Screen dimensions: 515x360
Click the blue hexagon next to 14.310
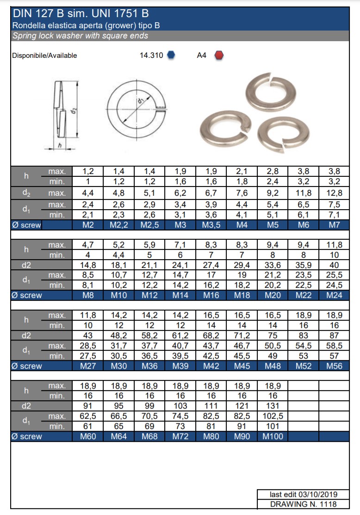pyautogui.click(x=171, y=56)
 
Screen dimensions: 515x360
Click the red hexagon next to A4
pyautogui.click(x=219, y=56)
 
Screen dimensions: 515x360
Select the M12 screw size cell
pyautogui.click(x=149, y=296)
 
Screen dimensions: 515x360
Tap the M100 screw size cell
pyautogui.click(x=273, y=436)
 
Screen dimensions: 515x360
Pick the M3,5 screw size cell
pyautogui.click(x=211, y=225)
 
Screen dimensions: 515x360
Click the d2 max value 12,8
pyautogui.click(x=334, y=193)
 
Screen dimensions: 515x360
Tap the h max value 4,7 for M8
pyautogui.click(x=88, y=245)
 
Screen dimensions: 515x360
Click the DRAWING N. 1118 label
pyautogui.click(x=303, y=504)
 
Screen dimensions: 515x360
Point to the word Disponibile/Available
pyautogui.click(x=44, y=56)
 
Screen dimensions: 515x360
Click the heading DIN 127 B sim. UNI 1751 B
pyautogui.click(x=81, y=14)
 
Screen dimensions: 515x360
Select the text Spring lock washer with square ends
pyautogui.click(x=81, y=36)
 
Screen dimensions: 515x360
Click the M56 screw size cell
pyautogui.click(x=334, y=366)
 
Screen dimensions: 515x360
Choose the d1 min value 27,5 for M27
pyautogui.click(x=88, y=356)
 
